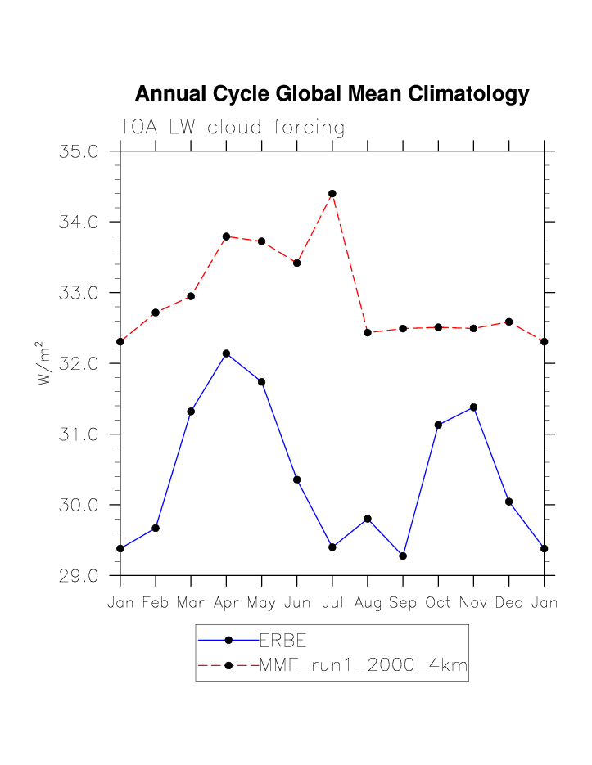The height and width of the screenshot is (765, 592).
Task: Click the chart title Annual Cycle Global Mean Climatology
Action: click(332, 94)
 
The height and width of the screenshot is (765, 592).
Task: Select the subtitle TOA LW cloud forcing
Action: click(232, 128)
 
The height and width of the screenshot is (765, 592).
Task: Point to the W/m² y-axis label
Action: click(44, 362)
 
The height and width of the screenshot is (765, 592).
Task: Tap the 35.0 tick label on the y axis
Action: click(79, 152)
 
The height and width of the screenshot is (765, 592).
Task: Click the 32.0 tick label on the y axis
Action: click(79, 363)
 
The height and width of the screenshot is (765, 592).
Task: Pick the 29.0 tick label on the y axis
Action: click(79, 575)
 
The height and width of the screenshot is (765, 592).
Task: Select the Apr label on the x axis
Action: click(226, 603)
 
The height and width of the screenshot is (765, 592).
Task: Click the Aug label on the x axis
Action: click(368, 603)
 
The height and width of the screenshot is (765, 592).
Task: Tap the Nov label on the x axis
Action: click(473, 603)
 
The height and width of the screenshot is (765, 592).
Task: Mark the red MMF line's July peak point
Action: click(332, 194)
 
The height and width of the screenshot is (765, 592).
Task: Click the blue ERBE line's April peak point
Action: click(226, 353)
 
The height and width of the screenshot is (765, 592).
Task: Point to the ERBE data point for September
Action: click(403, 556)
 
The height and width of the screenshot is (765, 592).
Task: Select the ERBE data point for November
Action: click(473, 407)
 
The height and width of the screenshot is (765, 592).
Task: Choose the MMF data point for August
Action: click(368, 332)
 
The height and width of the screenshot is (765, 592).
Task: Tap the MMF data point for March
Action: click(191, 296)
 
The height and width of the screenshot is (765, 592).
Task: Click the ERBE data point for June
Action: click(297, 479)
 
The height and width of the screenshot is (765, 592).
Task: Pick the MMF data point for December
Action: click(508, 322)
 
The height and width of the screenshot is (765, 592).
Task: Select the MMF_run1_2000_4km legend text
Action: click(363, 666)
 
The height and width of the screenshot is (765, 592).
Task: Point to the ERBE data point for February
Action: click(156, 528)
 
